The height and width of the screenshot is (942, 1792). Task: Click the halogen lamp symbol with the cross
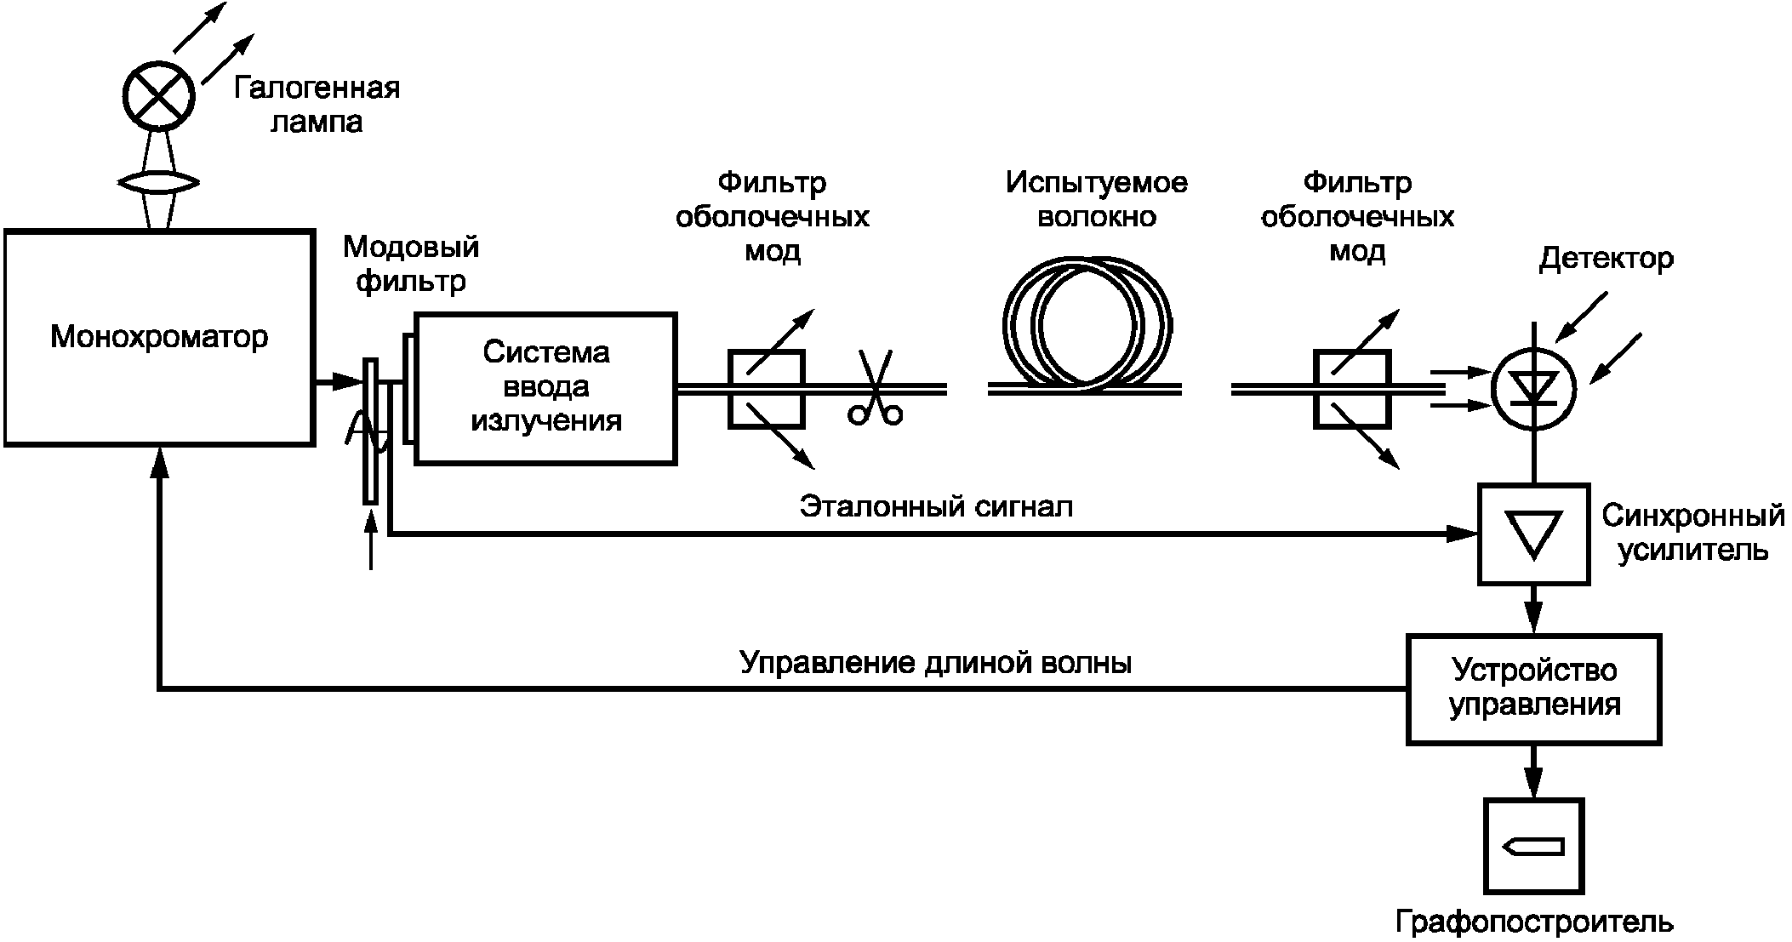pos(159,94)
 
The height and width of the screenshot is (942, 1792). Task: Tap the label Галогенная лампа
pos(317,105)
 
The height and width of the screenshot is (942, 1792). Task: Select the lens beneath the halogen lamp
pos(159,182)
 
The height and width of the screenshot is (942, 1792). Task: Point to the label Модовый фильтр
pos(411,264)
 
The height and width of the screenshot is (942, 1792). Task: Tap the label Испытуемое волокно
pos(1097,199)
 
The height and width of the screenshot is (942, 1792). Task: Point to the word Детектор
pos(1607,259)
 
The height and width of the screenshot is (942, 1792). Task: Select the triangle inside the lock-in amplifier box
pos(1533,534)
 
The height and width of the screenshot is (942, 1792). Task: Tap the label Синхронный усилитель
pos(1693,534)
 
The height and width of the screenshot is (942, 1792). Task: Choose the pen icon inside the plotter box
pos(1533,846)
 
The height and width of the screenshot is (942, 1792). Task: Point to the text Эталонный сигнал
pos(936,507)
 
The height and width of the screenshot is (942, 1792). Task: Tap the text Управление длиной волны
pos(936,662)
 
